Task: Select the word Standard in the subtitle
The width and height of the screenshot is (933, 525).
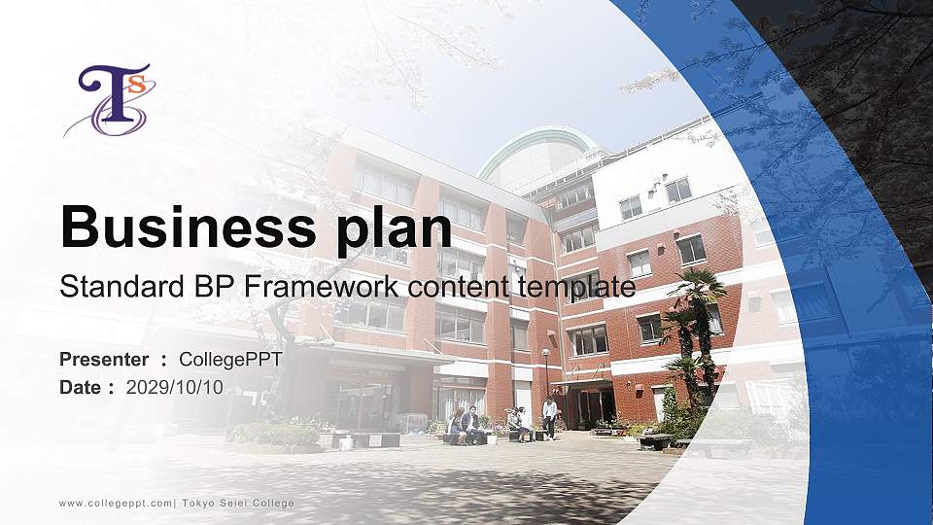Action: tap(112, 287)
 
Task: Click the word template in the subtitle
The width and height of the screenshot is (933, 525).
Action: tap(576, 287)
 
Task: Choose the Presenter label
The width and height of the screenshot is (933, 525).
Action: tap(104, 360)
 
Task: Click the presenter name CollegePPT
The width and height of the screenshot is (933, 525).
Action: tap(231, 360)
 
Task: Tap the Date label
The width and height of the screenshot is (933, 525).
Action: tap(81, 387)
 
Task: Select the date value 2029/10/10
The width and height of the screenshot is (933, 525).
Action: tap(175, 387)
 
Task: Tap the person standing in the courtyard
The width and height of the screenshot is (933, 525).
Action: tap(550, 417)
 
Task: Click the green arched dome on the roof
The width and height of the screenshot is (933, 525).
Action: tap(540, 146)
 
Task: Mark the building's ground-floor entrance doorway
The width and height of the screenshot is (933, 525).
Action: tap(594, 403)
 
